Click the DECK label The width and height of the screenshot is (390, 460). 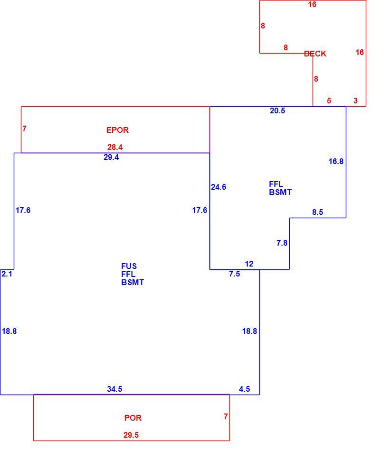point(315,54)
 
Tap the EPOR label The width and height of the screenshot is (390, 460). point(117,130)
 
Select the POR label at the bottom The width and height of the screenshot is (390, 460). point(133,418)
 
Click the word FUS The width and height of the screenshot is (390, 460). point(129,266)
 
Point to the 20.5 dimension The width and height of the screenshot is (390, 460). point(277,110)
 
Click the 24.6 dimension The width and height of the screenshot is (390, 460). point(219,187)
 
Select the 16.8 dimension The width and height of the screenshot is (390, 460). point(336,161)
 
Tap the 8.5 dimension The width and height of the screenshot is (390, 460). point(317,212)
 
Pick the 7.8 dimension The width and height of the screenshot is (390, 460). point(282,243)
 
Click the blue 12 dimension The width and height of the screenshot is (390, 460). point(249,264)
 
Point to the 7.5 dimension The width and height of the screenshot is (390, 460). point(235,274)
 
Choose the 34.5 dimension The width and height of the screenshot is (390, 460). point(114,389)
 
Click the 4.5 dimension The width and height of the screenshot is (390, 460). point(245,389)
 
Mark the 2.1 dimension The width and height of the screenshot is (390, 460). point(7,274)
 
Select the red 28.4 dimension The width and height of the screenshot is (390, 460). point(115,147)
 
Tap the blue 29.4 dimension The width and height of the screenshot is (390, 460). point(111,157)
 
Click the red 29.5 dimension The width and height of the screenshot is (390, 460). point(131,435)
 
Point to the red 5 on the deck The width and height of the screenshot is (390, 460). point(329,101)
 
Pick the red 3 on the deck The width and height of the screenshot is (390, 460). point(355,101)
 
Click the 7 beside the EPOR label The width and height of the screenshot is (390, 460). point(24,129)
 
